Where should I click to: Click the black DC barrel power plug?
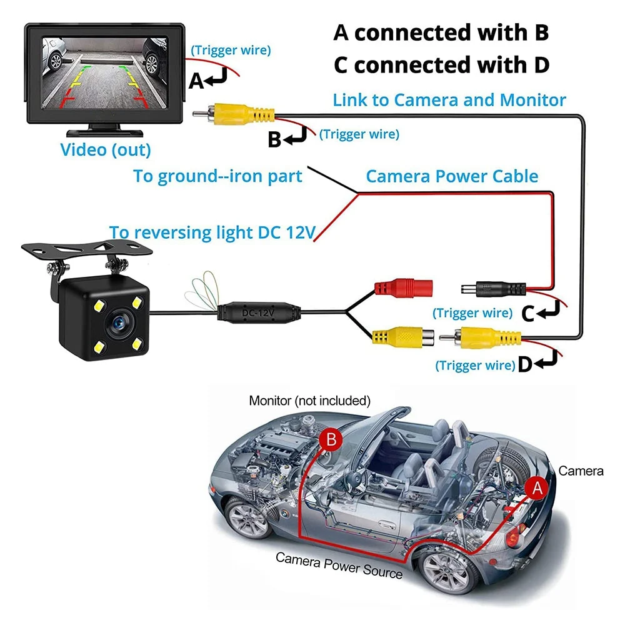496,290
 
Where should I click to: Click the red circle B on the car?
331,440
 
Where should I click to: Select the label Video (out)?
105,150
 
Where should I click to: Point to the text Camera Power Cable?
451,176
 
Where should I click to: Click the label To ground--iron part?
217,176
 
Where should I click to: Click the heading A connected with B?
441,32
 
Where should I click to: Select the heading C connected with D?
441,64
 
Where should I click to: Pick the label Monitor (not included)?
309,400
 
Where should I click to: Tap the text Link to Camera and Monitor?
449,99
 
